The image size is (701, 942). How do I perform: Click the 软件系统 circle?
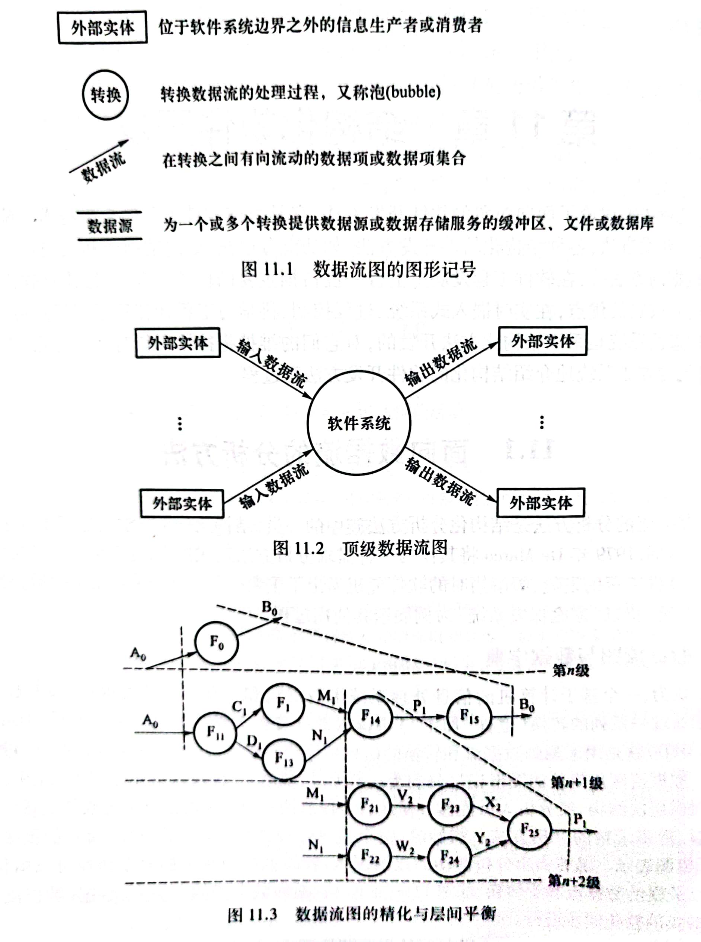coord(359,423)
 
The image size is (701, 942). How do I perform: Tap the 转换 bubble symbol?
coord(105,95)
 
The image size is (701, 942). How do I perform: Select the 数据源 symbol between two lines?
coord(110,226)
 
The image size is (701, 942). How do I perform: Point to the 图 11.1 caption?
coord(358,269)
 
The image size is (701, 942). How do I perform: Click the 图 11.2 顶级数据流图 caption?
coord(360,548)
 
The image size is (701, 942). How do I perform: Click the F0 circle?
coord(217,643)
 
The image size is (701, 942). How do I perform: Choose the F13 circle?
coord(284,759)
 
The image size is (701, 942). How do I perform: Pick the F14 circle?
coord(370,717)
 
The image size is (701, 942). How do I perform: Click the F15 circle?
coord(469,717)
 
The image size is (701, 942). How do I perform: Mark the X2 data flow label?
coord(492,802)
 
